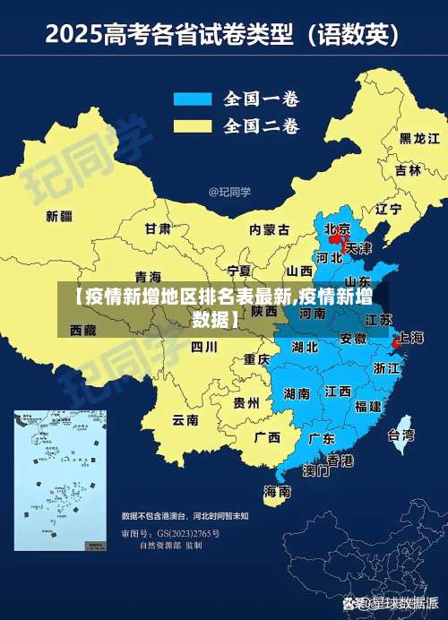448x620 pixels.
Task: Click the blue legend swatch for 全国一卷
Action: (191, 99)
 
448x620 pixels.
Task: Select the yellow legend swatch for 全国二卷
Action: (191, 125)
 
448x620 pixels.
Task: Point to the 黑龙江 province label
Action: (418, 139)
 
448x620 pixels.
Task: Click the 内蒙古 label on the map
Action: (269, 229)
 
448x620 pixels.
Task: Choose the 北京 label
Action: (337, 228)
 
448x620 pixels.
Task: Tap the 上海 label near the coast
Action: (409, 338)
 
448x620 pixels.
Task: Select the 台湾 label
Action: (400, 435)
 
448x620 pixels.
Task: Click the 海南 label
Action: (277, 492)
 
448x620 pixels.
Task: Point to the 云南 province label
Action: (185, 419)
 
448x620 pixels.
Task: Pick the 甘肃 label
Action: (158, 228)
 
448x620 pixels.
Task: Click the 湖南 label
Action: (296, 393)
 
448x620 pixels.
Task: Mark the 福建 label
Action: (367, 406)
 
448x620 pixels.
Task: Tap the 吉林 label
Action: (407, 170)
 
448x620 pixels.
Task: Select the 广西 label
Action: (266, 438)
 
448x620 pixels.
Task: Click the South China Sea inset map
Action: (60, 480)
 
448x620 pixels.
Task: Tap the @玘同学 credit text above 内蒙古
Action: (229, 192)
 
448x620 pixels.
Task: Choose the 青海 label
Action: (148, 276)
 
